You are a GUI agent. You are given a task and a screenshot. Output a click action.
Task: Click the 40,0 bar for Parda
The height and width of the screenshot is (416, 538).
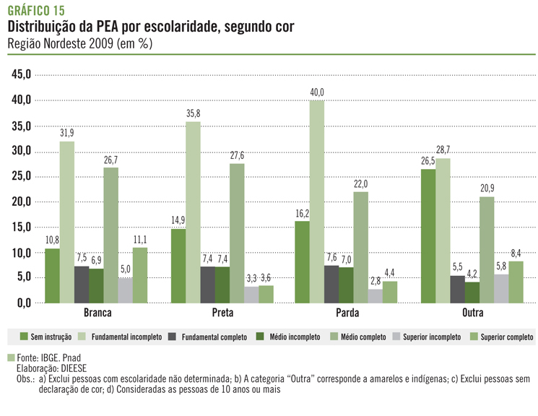317,201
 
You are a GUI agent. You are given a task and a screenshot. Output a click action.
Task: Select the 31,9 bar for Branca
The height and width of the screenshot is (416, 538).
66,222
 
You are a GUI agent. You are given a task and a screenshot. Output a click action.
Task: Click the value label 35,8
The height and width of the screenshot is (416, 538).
193,113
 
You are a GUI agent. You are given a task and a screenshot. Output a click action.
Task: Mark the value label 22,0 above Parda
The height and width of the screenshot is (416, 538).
361,183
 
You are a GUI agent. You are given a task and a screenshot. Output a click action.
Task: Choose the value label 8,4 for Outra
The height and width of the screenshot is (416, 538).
516,253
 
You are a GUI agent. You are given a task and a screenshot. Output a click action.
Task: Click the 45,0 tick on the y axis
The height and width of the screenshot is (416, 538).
21,74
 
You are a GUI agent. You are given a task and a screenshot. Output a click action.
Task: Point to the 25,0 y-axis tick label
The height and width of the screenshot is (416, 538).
21,176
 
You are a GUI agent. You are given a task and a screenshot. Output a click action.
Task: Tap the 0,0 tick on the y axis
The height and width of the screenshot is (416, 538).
23,303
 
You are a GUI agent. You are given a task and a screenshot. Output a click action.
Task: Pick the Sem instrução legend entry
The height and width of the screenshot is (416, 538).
47,337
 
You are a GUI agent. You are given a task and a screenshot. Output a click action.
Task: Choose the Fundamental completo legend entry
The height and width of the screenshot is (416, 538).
209,337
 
